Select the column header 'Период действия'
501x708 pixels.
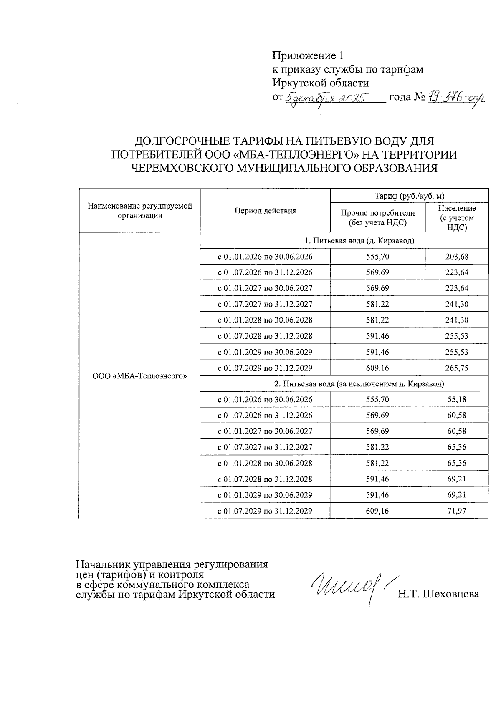click(x=265, y=211)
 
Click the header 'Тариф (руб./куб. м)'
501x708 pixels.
click(x=409, y=195)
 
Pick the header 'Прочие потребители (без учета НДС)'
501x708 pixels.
click(x=377, y=218)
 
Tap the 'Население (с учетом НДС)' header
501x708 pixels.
click(x=457, y=217)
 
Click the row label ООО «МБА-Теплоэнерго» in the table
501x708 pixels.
click(x=139, y=376)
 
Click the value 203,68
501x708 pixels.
click(x=457, y=257)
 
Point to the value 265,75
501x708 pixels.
click(x=457, y=368)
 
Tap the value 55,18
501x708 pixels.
click(x=457, y=400)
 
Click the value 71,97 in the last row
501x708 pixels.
click(x=457, y=511)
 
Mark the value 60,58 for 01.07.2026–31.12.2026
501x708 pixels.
click(x=457, y=416)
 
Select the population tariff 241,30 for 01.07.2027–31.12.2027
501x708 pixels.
click(x=457, y=304)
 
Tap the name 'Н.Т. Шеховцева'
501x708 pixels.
click(x=438, y=594)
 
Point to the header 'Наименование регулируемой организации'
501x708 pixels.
click(x=140, y=211)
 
